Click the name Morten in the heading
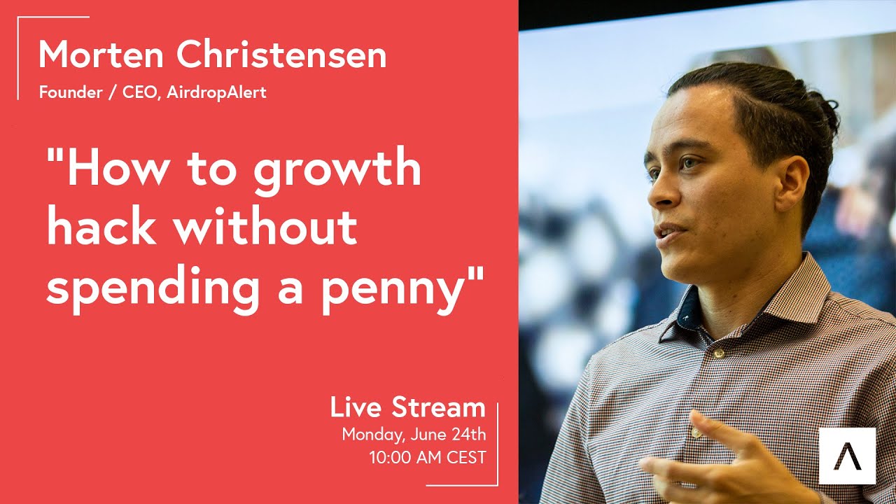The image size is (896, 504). coord(101,55)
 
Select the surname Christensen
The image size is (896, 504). coord(281,55)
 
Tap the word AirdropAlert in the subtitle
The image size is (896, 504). coord(217,92)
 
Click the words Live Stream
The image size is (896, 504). coord(408,407)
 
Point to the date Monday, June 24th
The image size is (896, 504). coord(414,434)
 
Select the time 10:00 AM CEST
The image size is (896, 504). coord(428,458)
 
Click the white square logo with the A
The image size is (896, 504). coord(847,456)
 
